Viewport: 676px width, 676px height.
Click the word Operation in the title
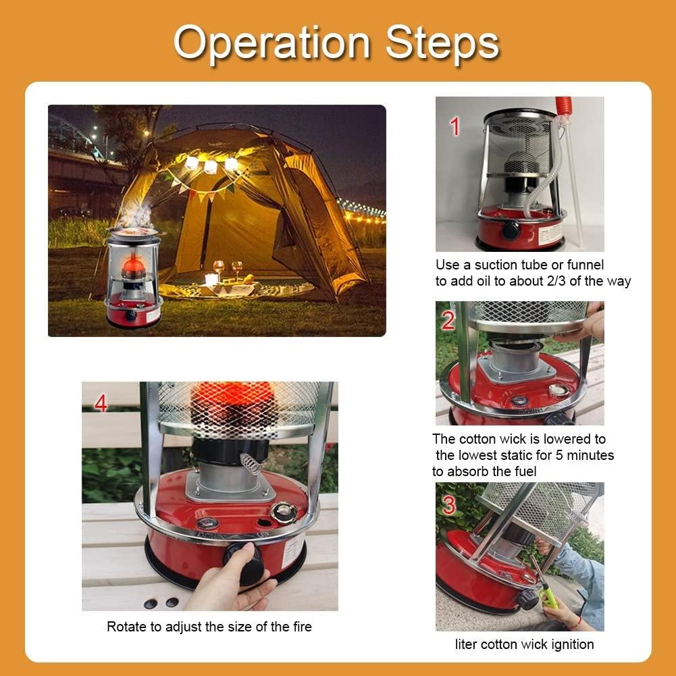(272, 43)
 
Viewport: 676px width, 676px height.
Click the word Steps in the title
(442, 43)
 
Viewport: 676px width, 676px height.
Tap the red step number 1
(455, 127)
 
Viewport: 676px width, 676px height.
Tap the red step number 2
(448, 321)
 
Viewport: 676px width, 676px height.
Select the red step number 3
(449, 505)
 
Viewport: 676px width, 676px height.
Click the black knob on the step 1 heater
(511, 230)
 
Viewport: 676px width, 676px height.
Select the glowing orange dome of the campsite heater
(133, 267)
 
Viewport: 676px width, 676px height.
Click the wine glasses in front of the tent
(228, 269)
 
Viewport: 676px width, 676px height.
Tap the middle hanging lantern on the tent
(210, 166)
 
